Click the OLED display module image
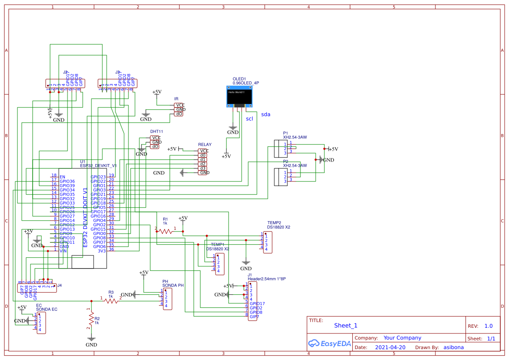coord(239,96)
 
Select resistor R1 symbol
coord(165,232)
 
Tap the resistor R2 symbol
coord(91,320)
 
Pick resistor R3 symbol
coord(111,300)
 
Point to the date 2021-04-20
coord(390,347)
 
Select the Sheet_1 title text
coord(346,325)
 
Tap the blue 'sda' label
coord(266,114)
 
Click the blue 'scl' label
coord(249,118)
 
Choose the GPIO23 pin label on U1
coord(98,177)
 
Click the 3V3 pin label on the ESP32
coord(101,251)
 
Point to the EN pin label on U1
coord(62,177)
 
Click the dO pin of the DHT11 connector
coord(155,147)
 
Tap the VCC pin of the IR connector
coord(179,105)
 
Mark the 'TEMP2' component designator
coord(274,223)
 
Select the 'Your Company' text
coord(402,338)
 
